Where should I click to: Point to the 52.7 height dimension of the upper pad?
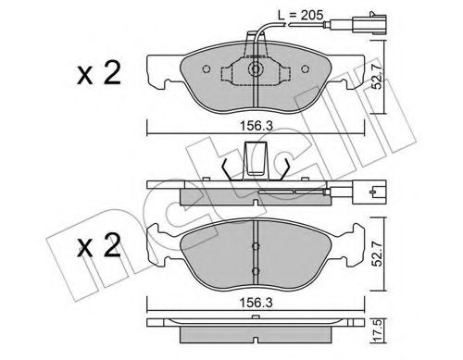(x=382, y=75)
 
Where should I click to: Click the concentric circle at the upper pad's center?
(x=254, y=69)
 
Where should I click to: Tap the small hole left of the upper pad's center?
(x=229, y=68)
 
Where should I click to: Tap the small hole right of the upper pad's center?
(x=280, y=68)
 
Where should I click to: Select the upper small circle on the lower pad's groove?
(x=255, y=245)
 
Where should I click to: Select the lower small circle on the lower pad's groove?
(x=255, y=271)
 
